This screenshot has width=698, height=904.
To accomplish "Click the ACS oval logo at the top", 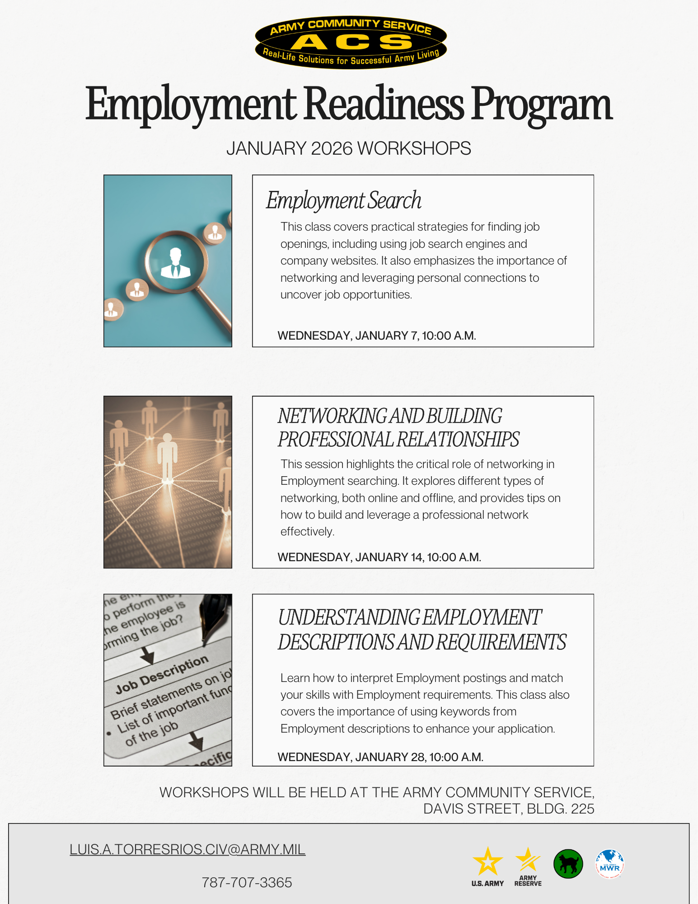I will tap(351, 42).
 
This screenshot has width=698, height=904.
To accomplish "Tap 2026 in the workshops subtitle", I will tap(332, 148).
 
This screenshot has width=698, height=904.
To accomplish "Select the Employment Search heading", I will tap(343, 200).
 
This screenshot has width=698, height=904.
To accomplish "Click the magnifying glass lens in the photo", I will tap(176, 262).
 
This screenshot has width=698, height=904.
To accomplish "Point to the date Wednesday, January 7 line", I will tap(376, 336).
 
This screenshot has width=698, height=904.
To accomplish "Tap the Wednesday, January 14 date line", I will tap(379, 557).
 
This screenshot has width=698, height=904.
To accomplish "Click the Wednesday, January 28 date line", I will tap(380, 757).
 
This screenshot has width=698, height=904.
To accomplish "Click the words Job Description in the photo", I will tap(162, 674).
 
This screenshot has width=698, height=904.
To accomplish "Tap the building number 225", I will tap(582, 809).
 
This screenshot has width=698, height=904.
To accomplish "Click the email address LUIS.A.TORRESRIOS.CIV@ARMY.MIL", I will tap(187, 849).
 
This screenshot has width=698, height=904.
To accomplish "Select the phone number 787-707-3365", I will tap(247, 882).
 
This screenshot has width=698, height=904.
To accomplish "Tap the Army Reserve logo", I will tap(528, 866).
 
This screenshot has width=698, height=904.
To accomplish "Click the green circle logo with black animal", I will tap(568, 864).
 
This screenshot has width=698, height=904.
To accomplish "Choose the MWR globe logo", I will tap(609, 864).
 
